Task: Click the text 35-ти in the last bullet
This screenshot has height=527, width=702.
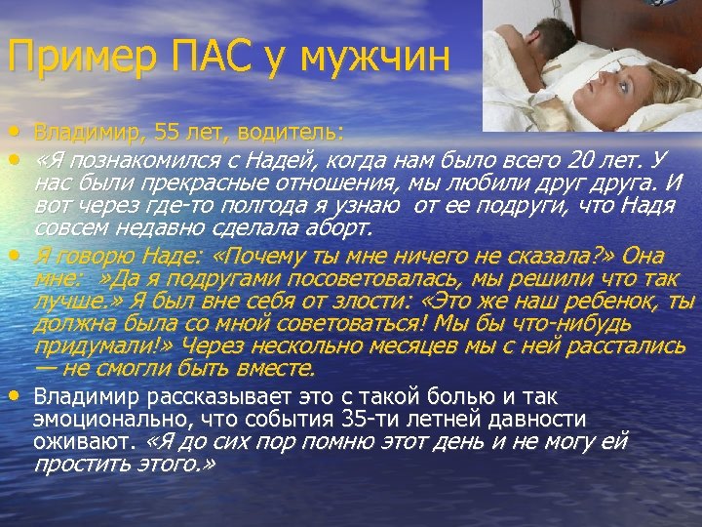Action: (x=368, y=420)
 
